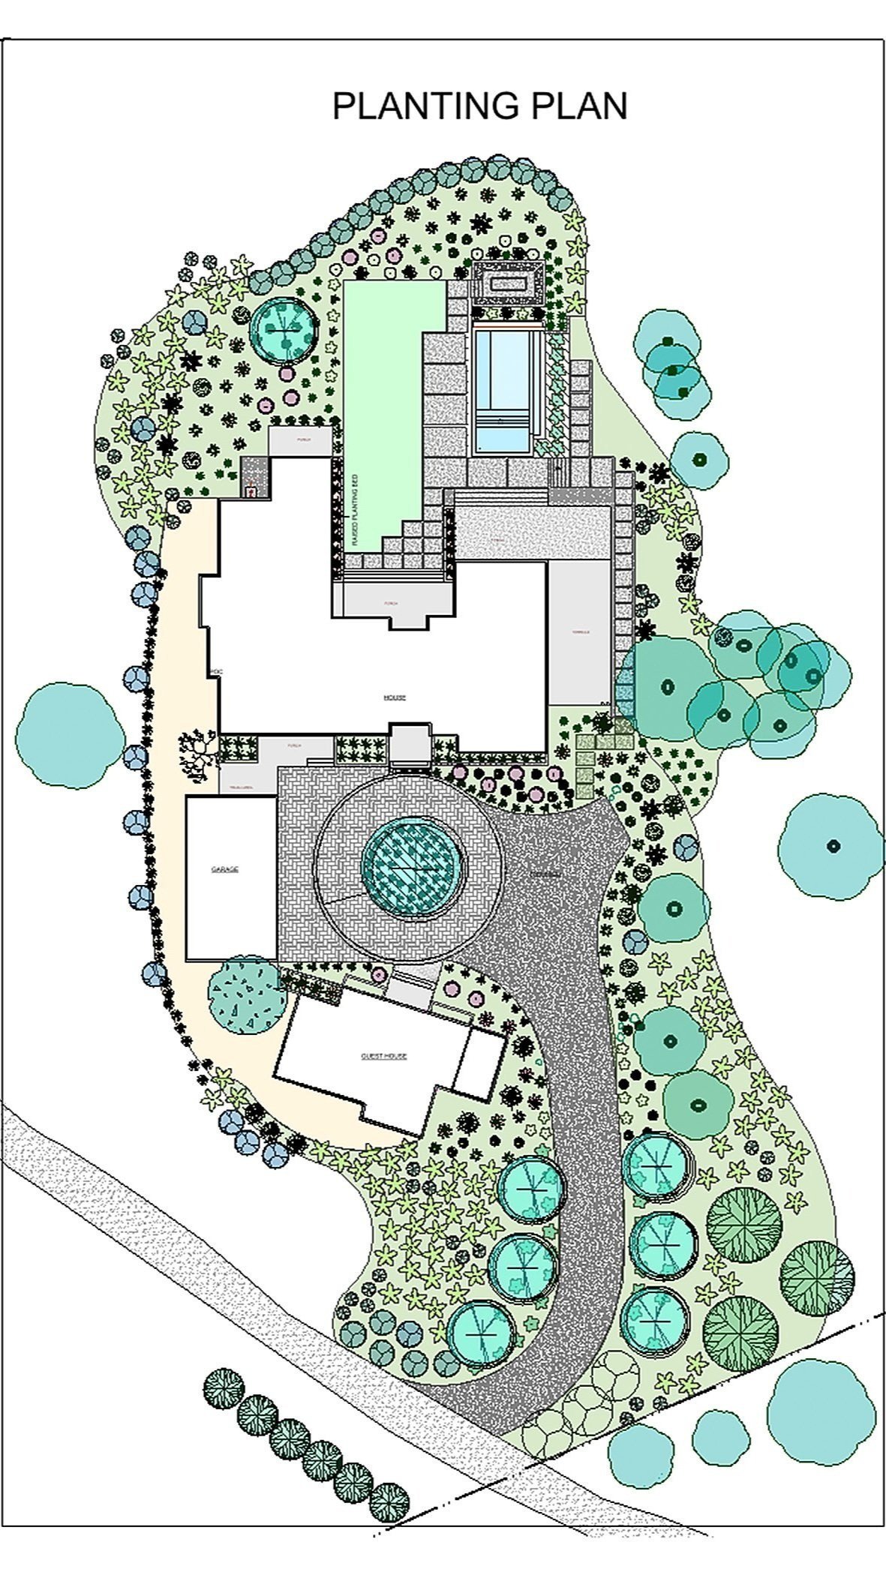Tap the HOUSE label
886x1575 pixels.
[395, 697]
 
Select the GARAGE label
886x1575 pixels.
[224, 869]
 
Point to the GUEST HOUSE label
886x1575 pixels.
[383, 1055]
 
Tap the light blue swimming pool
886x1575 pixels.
[506, 390]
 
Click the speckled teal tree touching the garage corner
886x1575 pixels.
[246, 994]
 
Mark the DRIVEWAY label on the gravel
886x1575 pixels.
[545, 875]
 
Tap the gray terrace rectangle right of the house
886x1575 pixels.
[579, 631]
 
